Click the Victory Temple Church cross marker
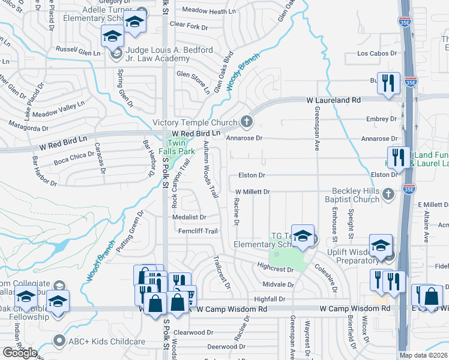[x=246, y=122]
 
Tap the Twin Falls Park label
[x=175, y=148]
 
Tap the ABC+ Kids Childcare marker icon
[x=59, y=341]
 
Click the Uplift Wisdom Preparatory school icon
[x=381, y=245]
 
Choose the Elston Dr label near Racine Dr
[x=252, y=175]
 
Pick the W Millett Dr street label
[x=252, y=191]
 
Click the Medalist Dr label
[x=189, y=217]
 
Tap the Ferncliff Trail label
[x=194, y=231]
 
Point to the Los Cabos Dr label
[x=378, y=53]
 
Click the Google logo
[x=20, y=353]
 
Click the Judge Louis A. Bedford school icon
[x=112, y=38]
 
